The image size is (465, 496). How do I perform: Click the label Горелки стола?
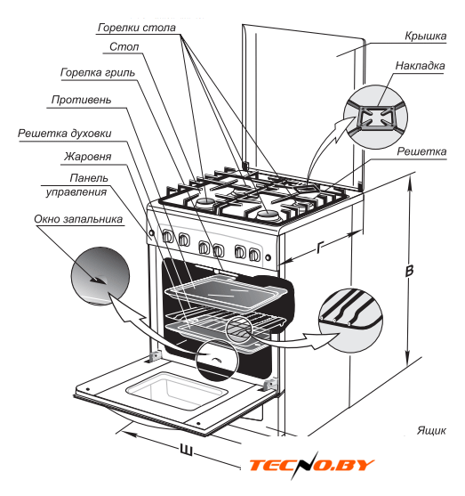[136, 28]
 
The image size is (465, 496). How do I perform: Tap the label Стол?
[124, 47]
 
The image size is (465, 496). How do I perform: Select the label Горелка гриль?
[98, 73]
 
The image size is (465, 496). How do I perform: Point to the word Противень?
[81, 100]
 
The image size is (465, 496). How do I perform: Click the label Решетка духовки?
[64, 134]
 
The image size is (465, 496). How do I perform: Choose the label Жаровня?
[88, 157]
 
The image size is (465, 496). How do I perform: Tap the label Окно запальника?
[78, 219]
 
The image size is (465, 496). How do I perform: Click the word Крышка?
[426, 36]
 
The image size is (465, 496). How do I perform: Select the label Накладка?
[420, 66]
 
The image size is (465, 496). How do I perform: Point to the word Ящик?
[431, 430]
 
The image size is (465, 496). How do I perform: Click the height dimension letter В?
[409, 271]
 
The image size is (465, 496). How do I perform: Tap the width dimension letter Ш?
[186, 450]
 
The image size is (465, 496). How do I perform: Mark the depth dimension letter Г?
[320, 247]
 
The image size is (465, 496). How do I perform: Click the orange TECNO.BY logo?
[311, 465]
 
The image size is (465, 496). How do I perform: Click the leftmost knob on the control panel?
[167, 236]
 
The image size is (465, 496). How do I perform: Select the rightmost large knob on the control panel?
[254, 255]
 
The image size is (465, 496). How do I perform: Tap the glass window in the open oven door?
[177, 390]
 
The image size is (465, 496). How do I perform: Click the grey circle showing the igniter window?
[100, 276]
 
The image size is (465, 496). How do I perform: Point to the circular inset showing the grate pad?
[375, 117]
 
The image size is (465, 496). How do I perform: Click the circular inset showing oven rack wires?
[350, 321]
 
